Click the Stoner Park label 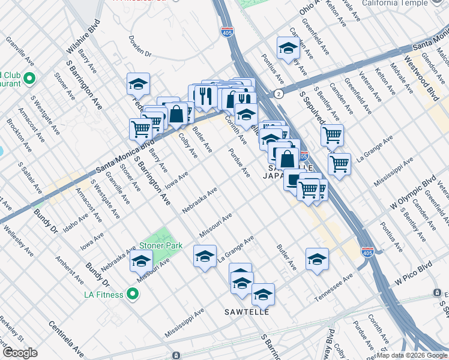tap(161, 245)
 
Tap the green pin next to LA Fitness tap(133, 295)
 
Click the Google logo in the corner tap(19, 353)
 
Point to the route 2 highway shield tap(279, 94)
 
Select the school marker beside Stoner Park tap(142, 261)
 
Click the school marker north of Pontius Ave tap(288, 48)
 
